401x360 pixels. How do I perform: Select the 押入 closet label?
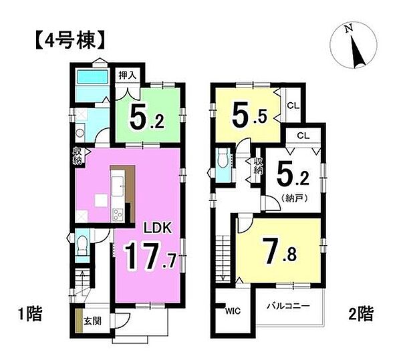[128, 75]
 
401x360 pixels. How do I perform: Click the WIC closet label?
[232, 311]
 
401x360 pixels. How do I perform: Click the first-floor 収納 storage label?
[78, 156]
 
